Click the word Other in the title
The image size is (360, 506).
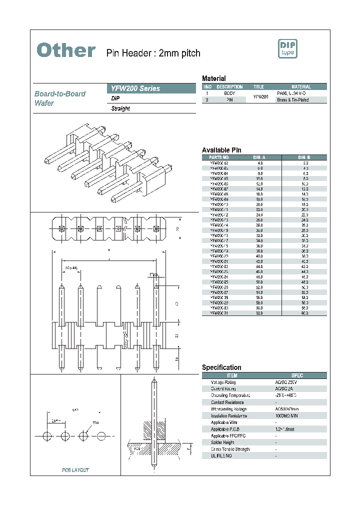point(66,50)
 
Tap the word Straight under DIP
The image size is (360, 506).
point(120,108)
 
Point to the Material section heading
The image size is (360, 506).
point(213,78)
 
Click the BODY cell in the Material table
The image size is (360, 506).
point(229,93)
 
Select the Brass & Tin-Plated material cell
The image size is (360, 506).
point(293,100)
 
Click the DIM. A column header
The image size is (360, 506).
point(260,157)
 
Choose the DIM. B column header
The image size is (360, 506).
point(304,157)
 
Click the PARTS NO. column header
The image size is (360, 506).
point(219,157)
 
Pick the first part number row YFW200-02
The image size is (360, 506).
point(219,163)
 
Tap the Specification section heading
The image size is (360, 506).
point(221,367)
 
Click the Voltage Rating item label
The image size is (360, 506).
point(223,382)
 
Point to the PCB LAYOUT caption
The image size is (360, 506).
point(75,470)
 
